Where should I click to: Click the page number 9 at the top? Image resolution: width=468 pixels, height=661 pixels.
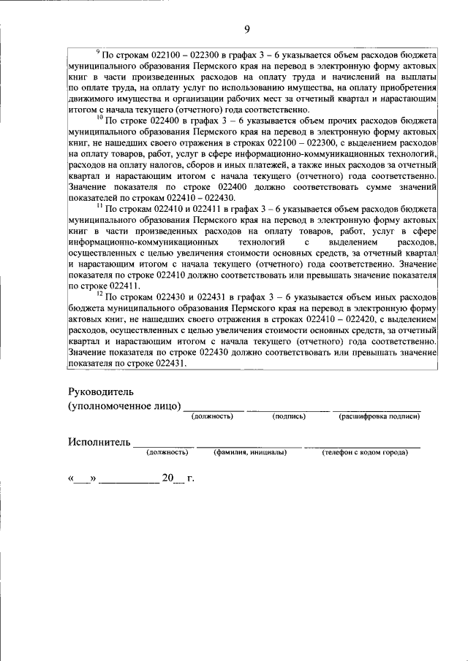246,28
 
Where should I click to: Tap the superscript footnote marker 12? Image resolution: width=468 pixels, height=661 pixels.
99,294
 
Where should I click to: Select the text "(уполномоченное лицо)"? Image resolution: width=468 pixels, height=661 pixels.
124,405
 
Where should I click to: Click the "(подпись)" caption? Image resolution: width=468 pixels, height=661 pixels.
289,416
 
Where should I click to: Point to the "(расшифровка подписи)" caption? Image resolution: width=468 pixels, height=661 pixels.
379,416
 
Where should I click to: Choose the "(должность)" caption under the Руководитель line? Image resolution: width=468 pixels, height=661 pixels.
212,416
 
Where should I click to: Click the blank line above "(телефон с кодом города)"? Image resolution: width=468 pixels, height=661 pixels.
363,445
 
